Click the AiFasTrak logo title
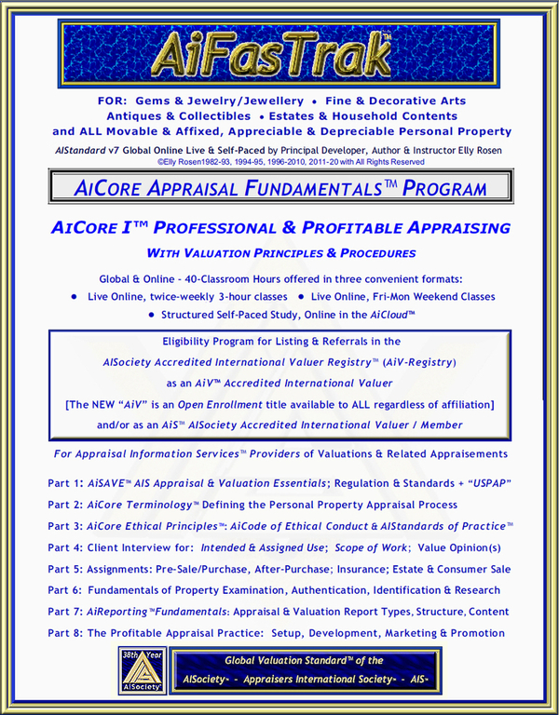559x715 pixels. [279, 52]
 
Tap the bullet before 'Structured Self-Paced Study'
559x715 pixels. [153, 317]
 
